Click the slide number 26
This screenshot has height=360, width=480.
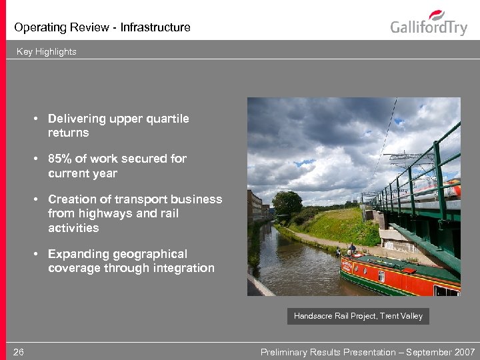click(x=19, y=352)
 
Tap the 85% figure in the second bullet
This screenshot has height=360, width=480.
click(x=62, y=159)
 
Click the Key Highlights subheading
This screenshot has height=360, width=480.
click(x=47, y=51)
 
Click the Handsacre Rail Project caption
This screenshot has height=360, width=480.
click(x=358, y=316)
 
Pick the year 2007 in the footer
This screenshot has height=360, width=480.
click(x=464, y=352)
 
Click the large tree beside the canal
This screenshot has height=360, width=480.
click(x=287, y=205)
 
